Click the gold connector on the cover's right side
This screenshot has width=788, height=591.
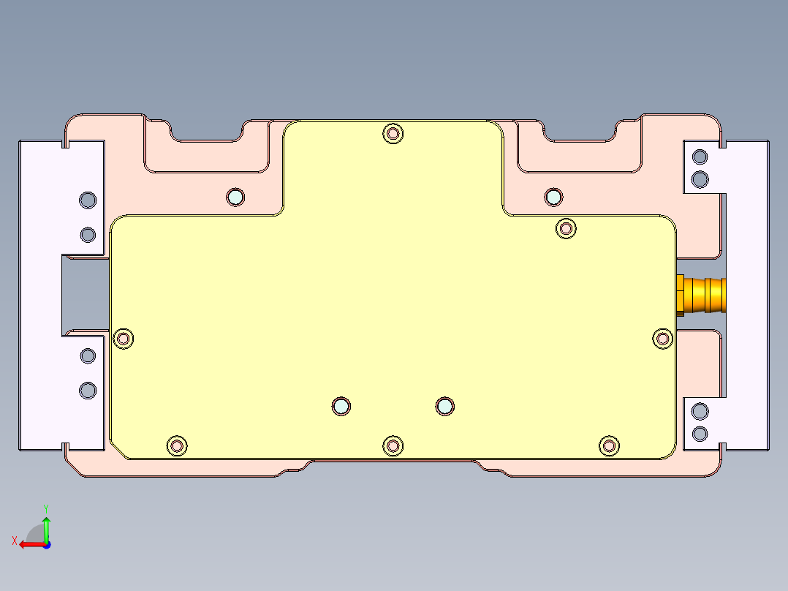pos(701,295)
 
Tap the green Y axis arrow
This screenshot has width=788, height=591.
pos(46,529)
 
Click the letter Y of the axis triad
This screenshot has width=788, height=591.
pos(46,508)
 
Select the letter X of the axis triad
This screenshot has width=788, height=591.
pos(15,541)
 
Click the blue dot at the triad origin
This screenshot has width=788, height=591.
pos(47,545)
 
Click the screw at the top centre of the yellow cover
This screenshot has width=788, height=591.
pos(393,134)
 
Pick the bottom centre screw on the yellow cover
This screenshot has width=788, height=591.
pos(393,445)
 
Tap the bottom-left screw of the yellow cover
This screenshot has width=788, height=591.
pos(177,445)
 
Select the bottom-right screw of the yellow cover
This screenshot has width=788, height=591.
pos(609,445)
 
